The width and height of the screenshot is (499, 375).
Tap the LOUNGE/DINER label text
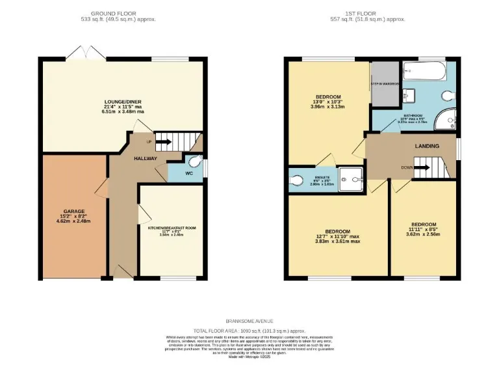[123, 102]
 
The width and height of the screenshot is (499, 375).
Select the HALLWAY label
[146, 158]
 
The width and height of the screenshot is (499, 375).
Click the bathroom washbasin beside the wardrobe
[408, 95]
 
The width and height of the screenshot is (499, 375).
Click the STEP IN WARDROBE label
[385, 84]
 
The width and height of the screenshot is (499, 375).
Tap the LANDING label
[427, 146]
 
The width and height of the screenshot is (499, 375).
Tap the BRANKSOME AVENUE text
[249, 321]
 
